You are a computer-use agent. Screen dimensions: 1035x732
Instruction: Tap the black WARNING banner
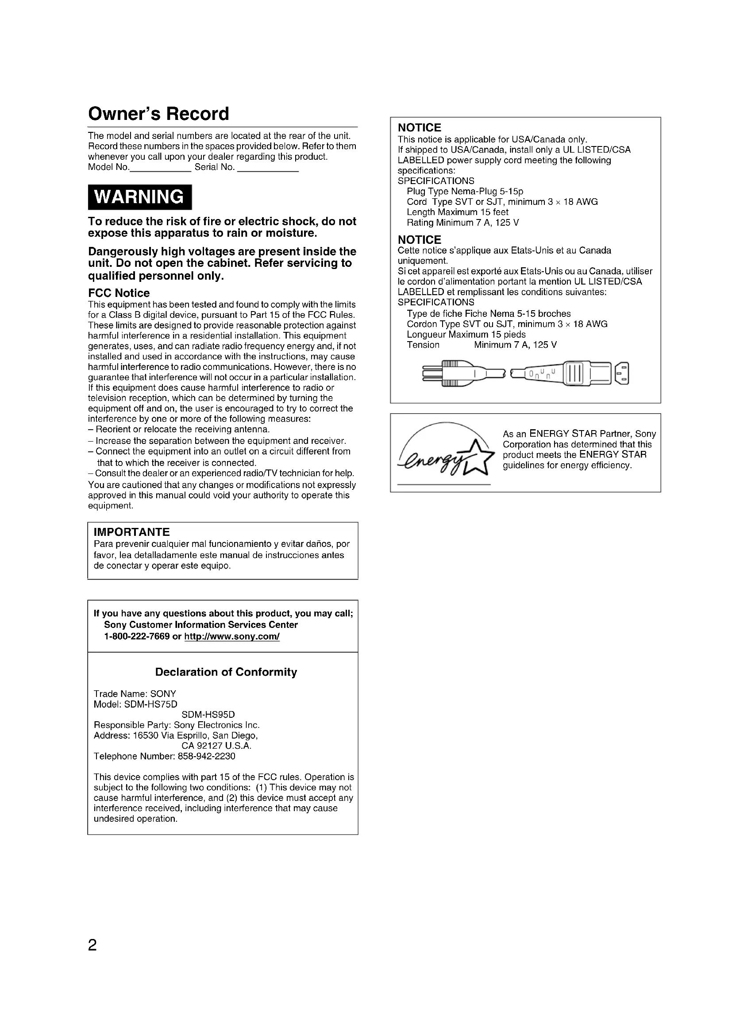(140, 197)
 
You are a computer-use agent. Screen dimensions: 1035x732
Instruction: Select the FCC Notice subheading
(119, 293)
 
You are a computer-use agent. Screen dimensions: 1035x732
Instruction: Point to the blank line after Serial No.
(268, 170)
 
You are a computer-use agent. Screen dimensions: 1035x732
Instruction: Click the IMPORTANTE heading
(131, 532)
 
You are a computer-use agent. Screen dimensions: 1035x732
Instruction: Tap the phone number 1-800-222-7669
(137, 636)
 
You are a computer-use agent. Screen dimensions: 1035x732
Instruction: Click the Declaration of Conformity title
(226, 672)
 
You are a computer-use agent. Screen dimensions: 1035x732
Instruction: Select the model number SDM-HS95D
(208, 715)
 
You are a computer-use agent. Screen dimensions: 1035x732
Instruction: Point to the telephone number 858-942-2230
(206, 756)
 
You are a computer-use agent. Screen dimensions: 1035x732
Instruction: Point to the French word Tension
(423, 345)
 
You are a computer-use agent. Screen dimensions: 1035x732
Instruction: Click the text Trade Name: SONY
(135, 694)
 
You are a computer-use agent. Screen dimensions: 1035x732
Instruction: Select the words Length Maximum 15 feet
(457, 212)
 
